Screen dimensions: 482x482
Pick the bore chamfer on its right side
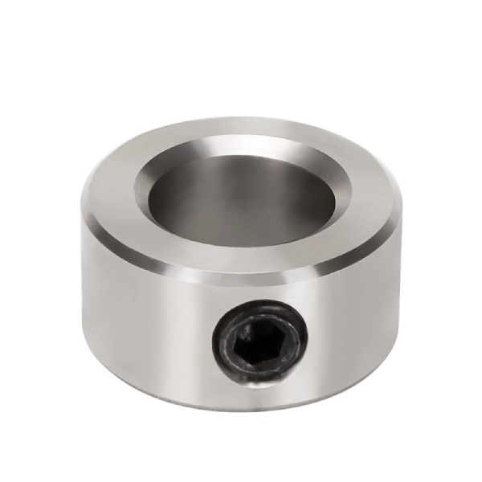[x=344, y=193]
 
